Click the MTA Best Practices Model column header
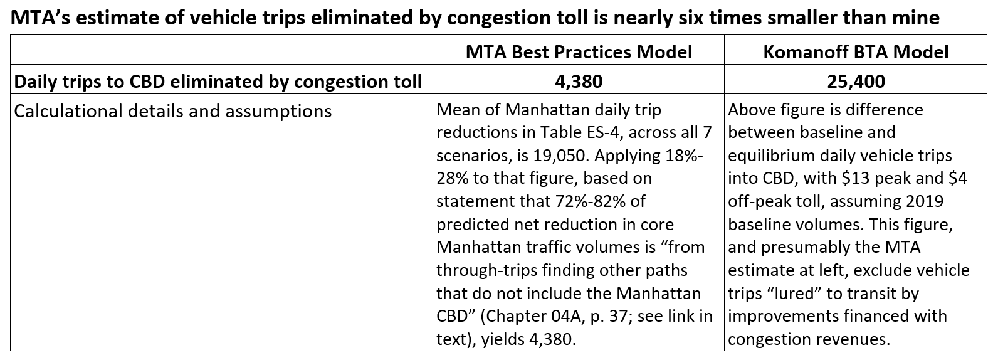tap(579, 51)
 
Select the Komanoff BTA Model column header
tap(856, 51)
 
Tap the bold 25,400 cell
tap(856, 82)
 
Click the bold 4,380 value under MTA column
tap(579, 82)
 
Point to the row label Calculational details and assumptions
tap(172, 111)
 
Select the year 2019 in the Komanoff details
tap(927, 201)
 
